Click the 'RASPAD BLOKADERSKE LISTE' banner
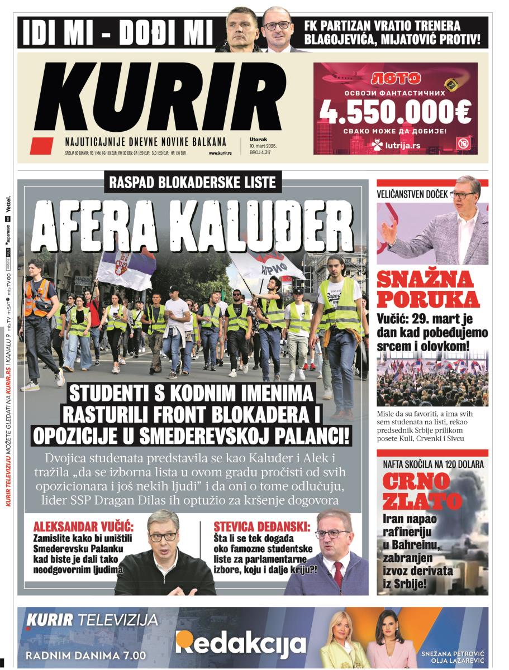click(x=193, y=181)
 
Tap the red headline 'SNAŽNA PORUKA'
click(x=428, y=289)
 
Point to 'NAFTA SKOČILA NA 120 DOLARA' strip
click(x=433, y=464)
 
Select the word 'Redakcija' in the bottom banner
click(x=241, y=643)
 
